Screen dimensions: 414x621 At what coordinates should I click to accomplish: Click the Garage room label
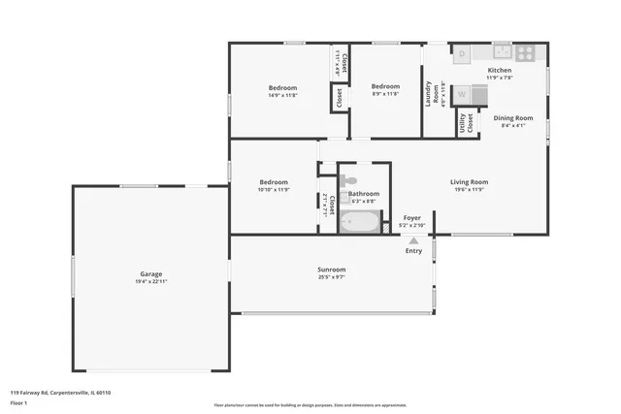click(x=149, y=274)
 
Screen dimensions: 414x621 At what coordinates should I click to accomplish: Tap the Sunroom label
click(x=331, y=269)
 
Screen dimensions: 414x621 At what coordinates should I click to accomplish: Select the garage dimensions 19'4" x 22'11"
click(x=151, y=281)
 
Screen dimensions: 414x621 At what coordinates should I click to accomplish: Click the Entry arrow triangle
click(x=413, y=240)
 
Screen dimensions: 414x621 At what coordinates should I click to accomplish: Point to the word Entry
click(x=413, y=251)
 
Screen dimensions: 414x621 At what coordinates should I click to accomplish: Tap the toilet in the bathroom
click(x=349, y=181)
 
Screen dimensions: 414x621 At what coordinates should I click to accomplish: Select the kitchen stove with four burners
click(x=524, y=54)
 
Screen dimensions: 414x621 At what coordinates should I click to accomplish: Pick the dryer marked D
click(x=463, y=54)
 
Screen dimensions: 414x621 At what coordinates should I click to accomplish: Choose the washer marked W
click(x=463, y=95)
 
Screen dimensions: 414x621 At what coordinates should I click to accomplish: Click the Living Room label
click(x=469, y=181)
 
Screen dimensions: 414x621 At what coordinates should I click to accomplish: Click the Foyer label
click(x=412, y=218)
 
